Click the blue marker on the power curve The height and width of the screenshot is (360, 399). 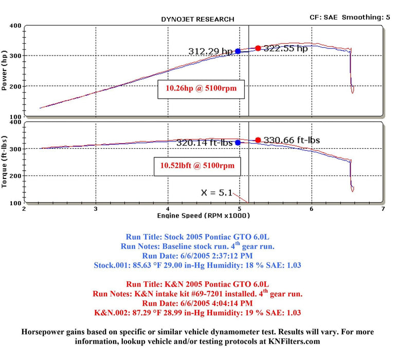tap(238, 51)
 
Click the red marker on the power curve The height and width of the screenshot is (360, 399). tap(258, 48)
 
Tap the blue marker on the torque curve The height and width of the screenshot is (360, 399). tap(238, 142)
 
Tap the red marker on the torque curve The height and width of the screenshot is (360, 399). tap(258, 140)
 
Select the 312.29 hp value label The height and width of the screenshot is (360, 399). tap(210, 51)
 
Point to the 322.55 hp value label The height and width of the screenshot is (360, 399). tap(286, 48)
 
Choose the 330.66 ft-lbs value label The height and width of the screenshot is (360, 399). tap(292, 140)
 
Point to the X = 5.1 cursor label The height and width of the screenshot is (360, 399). tap(216, 193)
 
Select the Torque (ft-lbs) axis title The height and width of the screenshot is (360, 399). tap(5, 161)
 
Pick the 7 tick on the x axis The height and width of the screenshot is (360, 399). tap(383, 210)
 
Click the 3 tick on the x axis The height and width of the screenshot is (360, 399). tap(96, 210)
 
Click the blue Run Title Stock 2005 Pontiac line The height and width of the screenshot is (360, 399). tap(198, 238)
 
